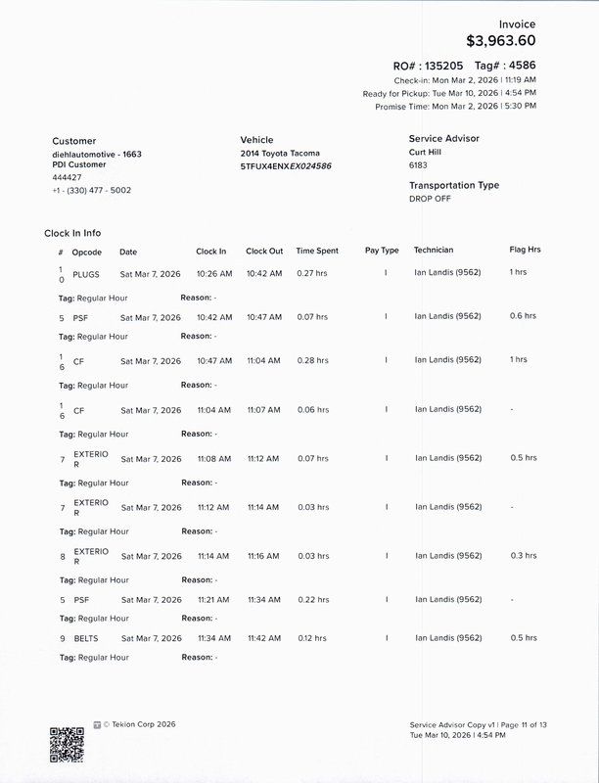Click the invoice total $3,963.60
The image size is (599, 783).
pyautogui.click(x=500, y=41)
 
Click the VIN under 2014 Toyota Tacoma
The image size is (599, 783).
pyautogui.click(x=286, y=166)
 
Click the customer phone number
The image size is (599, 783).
pyautogui.click(x=92, y=190)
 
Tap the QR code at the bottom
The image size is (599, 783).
pyautogui.click(x=67, y=744)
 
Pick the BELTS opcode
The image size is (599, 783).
pyautogui.click(x=86, y=638)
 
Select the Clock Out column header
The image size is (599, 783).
pyautogui.click(x=264, y=251)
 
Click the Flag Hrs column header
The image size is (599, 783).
pyautogui.click(x=525, y=250)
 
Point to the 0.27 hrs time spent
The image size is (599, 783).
pyautogui.click(x=312, y=273)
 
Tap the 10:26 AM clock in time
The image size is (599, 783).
pyautogui.click(x=214, y=273)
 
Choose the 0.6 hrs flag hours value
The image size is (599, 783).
pyautogui.click(x=523, y=316)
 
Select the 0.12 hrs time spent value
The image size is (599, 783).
pyautogui.click(x=312, y=638)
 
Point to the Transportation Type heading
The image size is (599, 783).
pyautogui.click(x=454, y=185)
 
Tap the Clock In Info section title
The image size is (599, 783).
pyautogui.click(x=72, y=233)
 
